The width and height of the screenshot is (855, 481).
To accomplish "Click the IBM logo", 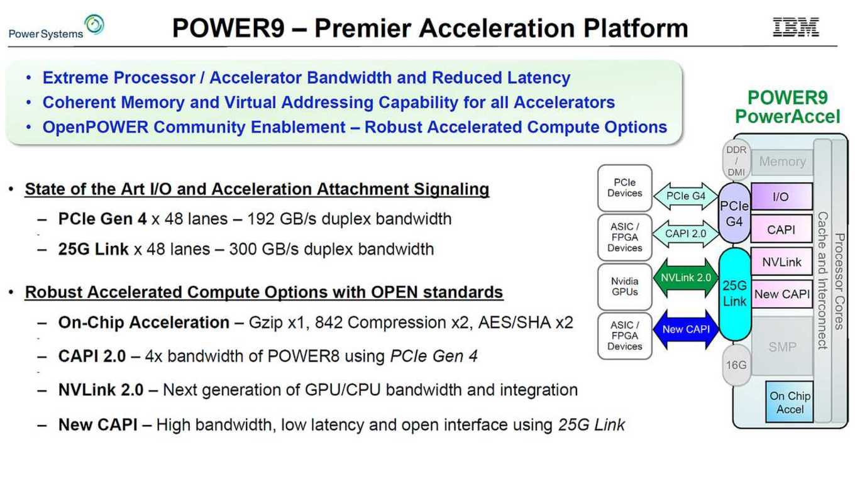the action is pos(796,27).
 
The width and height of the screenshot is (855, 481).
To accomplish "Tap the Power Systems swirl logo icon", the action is pos(94,25).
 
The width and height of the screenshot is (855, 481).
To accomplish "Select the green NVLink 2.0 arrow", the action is pos(685,277).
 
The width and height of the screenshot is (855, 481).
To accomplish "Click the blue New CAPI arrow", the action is pos(685,329).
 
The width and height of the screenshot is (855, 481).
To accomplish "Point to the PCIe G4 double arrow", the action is pos(685,196).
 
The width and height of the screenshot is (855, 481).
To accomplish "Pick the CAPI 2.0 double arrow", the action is pos(685,234).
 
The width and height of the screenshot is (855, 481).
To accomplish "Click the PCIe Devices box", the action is pos(624,188).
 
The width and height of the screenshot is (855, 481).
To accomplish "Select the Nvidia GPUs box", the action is pos(624,287).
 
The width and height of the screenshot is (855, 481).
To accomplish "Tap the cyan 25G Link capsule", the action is pos(735,294).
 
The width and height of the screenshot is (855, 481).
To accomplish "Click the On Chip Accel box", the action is pos(790,402).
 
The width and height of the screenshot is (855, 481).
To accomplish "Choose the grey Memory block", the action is pos(782,162).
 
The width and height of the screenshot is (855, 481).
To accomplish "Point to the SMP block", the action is pos(782,346).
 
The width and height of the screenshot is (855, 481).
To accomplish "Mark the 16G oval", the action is pos(736,365).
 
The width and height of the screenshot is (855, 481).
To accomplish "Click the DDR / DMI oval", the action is pos(736,161).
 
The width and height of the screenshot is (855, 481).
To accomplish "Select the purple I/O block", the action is pos(781,196).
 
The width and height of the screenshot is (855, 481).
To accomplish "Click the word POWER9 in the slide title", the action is pos(228,28).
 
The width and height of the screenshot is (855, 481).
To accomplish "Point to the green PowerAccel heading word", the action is pos(788,117).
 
